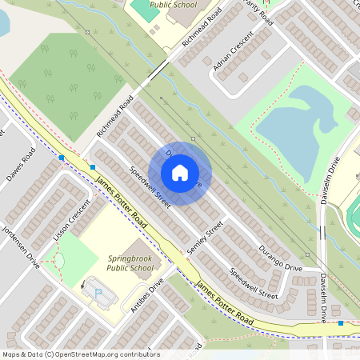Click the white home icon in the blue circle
(x=180, y=173)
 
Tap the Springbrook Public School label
(x=130, y=263)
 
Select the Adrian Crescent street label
(x=233, y=52)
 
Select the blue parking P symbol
(x=99, y=294)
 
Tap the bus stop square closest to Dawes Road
(x=61, y=158)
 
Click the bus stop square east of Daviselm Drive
(x=341, y=323)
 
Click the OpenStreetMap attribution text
(x=80, y=354)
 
